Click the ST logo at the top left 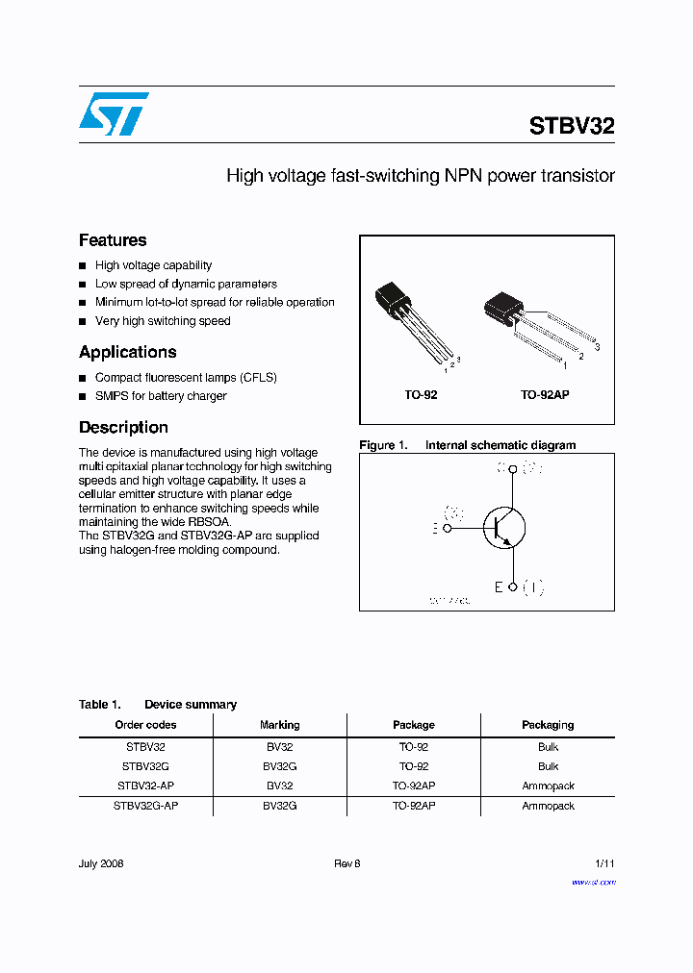[114, 113]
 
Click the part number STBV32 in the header [572, 126]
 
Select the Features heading [113, 240]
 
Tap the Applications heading [128, 352]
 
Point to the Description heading [123, 427]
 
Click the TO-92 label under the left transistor [421, 395]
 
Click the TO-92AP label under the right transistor [545, 395]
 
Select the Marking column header [280, 725]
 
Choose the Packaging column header [548, 725]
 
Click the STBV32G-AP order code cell [145, 806]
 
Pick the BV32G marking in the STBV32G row [280, 766]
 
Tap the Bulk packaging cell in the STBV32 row [548, 747]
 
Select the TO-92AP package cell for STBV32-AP [414, 786]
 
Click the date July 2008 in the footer [101, 863]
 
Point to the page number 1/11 [603, 863]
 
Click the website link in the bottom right [593, 882]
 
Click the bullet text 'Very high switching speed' [163, 321]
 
